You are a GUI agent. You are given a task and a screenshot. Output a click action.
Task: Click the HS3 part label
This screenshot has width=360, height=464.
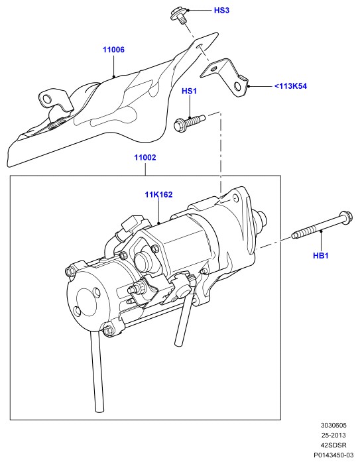point(221,11)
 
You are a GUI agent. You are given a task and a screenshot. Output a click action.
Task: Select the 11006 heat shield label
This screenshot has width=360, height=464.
point(113,50)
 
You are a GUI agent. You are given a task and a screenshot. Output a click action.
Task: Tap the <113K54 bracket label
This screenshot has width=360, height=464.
point(290,86)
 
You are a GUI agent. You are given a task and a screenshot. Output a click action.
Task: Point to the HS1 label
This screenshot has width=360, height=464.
point(189,91)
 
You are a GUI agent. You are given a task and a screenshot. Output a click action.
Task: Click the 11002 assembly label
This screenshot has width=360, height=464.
point(145,158)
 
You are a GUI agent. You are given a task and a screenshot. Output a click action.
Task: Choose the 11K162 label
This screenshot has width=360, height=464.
point(158,194)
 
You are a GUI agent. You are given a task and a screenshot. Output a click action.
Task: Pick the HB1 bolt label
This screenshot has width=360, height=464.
point(321,255)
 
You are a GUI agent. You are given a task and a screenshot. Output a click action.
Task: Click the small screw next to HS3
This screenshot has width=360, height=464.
point(179,17)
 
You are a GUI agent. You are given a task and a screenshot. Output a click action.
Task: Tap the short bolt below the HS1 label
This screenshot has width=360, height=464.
point(189,123)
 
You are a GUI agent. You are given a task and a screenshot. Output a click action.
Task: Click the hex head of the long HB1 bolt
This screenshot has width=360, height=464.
point(346,217)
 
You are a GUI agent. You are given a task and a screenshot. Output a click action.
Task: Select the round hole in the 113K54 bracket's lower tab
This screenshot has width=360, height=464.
point(237,87)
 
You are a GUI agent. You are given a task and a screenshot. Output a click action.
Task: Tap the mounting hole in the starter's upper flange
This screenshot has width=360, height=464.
point(235,198)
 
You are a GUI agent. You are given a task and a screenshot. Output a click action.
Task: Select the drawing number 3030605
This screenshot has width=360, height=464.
point(333,426)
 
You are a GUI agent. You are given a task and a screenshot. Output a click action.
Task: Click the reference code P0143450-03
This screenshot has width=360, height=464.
point(333,455)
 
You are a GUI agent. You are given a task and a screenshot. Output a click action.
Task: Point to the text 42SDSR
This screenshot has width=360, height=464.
point(333,445)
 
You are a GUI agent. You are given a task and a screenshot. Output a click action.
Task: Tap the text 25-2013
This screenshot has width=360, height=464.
point(333,435)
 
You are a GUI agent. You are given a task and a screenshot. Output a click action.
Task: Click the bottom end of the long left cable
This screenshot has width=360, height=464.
point(100,409)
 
